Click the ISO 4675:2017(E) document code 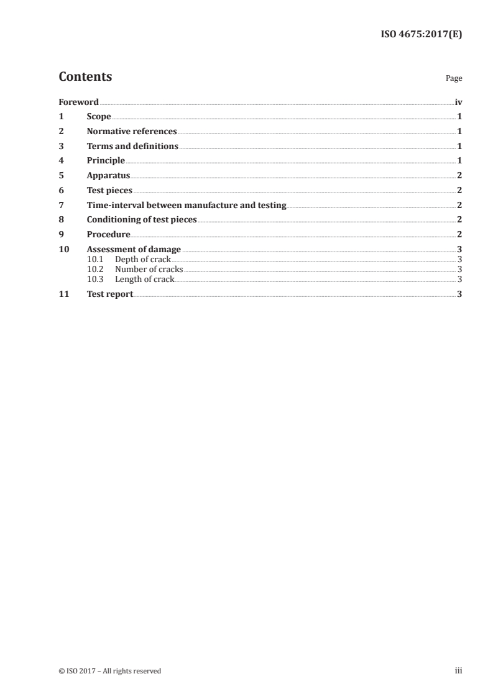click(421, 35)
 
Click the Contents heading click(85, 77)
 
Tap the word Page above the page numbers click(454, 79)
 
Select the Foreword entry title click(78, 102)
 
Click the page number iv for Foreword click(458, 102)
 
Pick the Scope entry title click(99, 117)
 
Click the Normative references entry click(132, 132)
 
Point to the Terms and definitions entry click(132, 147)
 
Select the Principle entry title click(106, 161)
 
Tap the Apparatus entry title click(108, 176)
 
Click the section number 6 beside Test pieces click(61, 191)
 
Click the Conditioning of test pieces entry click(142, 220)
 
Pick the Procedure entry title click(108, 235)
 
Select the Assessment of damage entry click(134, 250)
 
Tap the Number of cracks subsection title click(149, 270)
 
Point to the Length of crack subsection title click(145, 280)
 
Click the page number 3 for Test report click(459, 294)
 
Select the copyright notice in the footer click(109, 671)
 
